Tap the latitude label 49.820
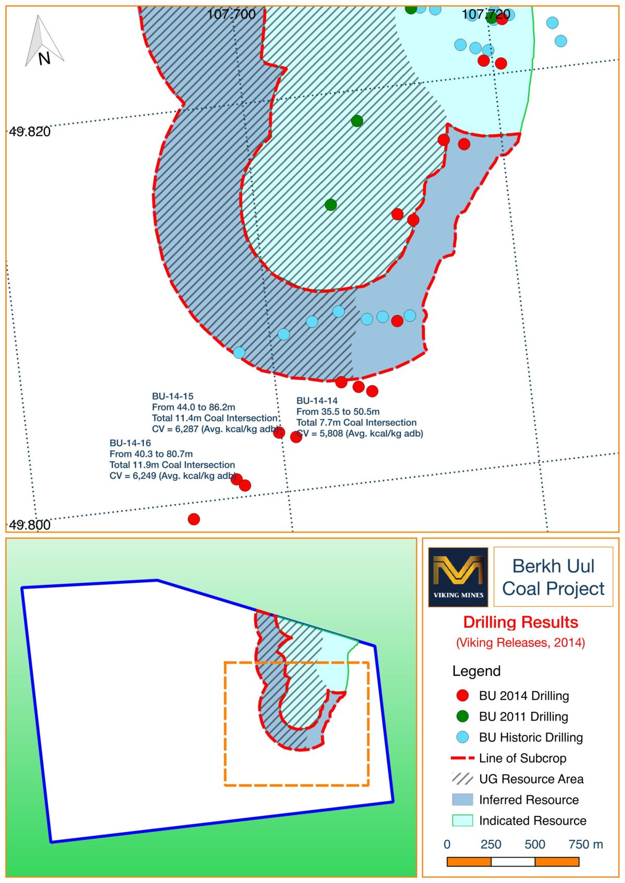point(30,132)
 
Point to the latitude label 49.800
point(30,524)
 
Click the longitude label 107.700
point(231,14)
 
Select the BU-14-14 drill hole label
point(317,401)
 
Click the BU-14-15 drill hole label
point(172,396)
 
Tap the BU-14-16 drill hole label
point(130,443)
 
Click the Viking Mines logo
point(458,577)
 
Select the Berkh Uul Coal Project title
point(553,577)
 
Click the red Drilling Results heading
point(521,622)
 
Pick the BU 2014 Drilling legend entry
point(523,696)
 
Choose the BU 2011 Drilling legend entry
point(523,716)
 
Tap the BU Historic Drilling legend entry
point(530,737)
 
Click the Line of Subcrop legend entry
point(522,758)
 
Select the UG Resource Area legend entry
point(531,779)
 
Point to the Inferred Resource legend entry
point(528,800)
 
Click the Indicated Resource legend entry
point(532,821)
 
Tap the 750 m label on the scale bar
point(585,844)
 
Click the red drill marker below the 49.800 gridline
point(194,519)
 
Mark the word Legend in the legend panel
point(476,671)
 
